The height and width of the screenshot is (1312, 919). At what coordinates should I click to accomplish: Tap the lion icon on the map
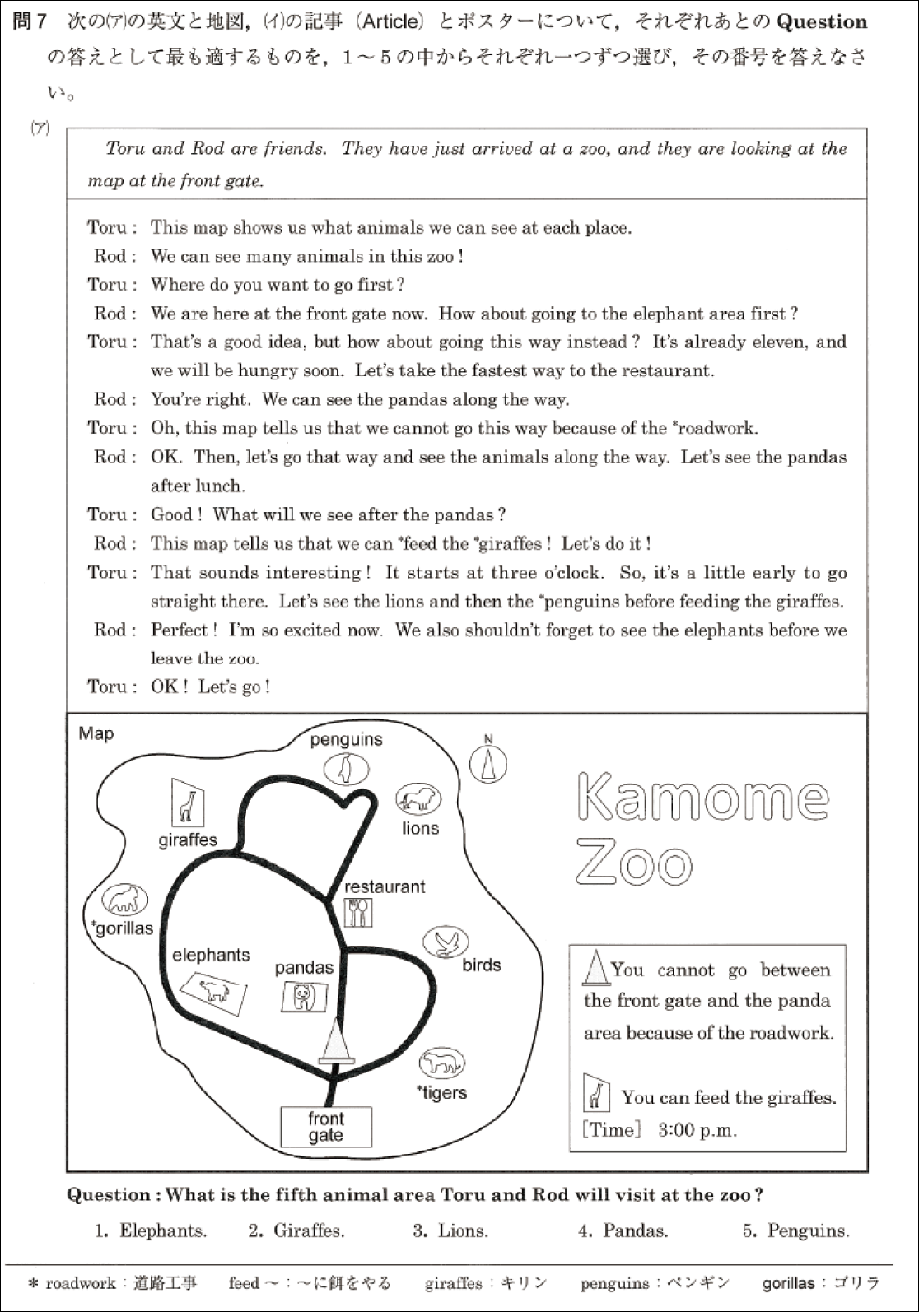[419, 798]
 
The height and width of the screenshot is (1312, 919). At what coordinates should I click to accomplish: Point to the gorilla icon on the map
[126, 899]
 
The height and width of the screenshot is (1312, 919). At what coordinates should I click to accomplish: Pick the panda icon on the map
[304, 997]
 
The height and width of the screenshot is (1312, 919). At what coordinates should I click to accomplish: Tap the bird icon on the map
[446, 942]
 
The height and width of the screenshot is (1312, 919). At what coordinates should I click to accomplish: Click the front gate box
[326, 1127]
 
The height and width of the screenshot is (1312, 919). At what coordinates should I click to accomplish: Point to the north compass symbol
[488, 764]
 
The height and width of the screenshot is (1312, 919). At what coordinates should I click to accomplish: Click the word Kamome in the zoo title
[703, 797]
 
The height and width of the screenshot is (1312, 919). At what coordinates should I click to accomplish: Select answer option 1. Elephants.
[151, 1231]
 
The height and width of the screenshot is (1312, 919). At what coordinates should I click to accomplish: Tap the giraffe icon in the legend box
[595, 1092]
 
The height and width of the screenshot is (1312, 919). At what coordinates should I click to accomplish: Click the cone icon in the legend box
[595, 967]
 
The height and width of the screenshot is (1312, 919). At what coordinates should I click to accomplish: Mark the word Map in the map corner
[96, 733]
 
